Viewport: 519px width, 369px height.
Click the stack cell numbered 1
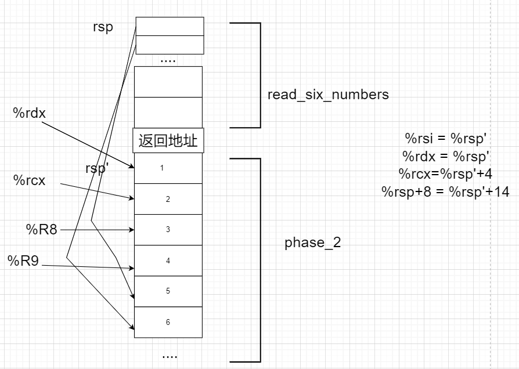[x=168, y=168]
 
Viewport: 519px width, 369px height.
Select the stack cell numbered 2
[x=168, y=199]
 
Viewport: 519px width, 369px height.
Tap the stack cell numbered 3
[x=168, y=230]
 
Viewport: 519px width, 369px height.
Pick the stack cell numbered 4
[x=168, y=261]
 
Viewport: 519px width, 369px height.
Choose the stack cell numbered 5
[x=168, y=291]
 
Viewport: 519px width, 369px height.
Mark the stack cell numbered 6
[x=168, y=322]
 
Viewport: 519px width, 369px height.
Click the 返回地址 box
[x=168, y=141]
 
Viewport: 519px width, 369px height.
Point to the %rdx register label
[x=29, y=113]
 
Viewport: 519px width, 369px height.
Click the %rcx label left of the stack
[x=29, y=180]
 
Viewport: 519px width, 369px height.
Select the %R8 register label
[x=41, y=229]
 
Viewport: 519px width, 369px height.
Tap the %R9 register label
[x=23, y=261]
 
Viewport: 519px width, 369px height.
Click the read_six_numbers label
[x=328, y=94]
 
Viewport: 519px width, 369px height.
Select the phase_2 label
[x=312, y=243]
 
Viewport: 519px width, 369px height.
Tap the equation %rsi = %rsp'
[x=445, y=139]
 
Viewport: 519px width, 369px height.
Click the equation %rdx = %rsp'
[x=446, y=156]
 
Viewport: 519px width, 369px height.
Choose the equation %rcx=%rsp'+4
[x=445, y=173]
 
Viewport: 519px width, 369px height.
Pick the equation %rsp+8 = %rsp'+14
[x=445, y=191]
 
